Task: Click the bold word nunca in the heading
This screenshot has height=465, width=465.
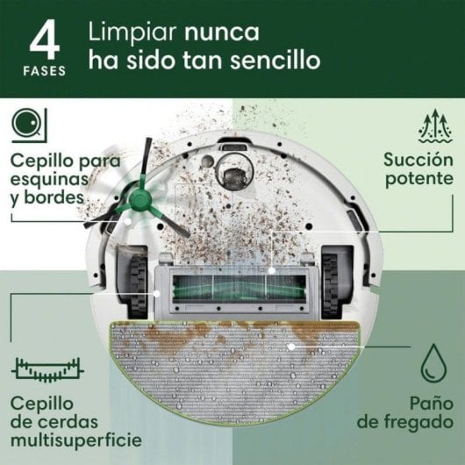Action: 221,32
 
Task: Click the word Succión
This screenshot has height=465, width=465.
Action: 415,160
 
